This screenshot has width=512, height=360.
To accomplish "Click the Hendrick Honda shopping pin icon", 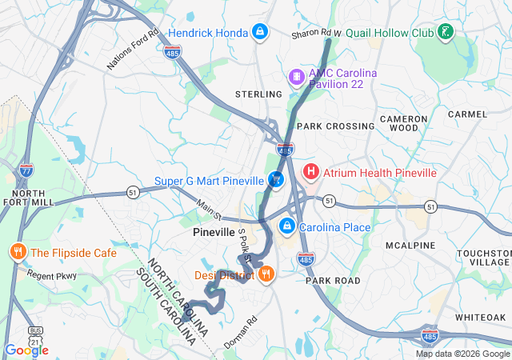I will click(x=259, y=32).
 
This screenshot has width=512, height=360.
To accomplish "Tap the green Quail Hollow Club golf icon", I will click(x=445, y=33).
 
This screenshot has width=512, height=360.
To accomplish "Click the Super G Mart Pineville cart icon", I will click(x=276, y=180).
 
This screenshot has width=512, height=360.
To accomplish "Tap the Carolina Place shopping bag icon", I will click(x=286, y=227).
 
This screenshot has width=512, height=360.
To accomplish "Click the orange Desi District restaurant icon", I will click(x=266, y=274).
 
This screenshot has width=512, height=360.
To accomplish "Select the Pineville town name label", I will click(x=214, y=232).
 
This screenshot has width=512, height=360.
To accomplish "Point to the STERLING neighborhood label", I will click(x=258, y=94).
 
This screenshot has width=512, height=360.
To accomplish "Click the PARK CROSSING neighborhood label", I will click(x=335, y=126).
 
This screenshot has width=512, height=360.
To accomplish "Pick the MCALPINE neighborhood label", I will click(x=410, y=244).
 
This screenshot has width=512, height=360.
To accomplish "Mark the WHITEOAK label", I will click(x=480, y=318).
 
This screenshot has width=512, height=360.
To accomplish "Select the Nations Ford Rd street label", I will click(x=131, y=48).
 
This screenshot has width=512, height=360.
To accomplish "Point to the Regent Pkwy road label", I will click(x=51, y=275).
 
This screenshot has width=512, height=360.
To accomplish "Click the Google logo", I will click(x=26, y=350).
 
